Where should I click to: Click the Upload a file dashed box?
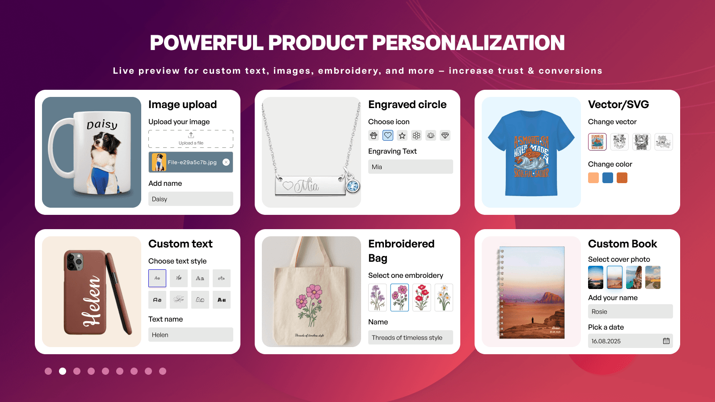tap(191, 139)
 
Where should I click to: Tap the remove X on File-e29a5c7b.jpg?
tap(226, 162)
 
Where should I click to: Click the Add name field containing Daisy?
tap(191, 199)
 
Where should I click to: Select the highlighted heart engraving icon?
tap(388, 135)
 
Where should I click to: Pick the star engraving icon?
tap(402, 135)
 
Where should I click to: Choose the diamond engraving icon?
tap(445, 135)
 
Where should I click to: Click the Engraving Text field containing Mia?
tap(410, 167)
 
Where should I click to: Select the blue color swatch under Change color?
tap(608, 178)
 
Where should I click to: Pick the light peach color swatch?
tap(593, 178)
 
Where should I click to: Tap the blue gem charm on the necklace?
tap(353, 186)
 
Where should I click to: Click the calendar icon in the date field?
tap(666, 341)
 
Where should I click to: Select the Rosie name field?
tap(630, 311)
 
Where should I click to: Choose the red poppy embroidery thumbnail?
tap(422, 297)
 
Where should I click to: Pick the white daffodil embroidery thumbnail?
tap(444, 297)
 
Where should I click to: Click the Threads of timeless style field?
tap(410, 337)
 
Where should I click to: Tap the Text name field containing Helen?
tap(191, 335)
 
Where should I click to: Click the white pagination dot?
tap(63, 371)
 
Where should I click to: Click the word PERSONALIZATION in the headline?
tap(468, 43)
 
